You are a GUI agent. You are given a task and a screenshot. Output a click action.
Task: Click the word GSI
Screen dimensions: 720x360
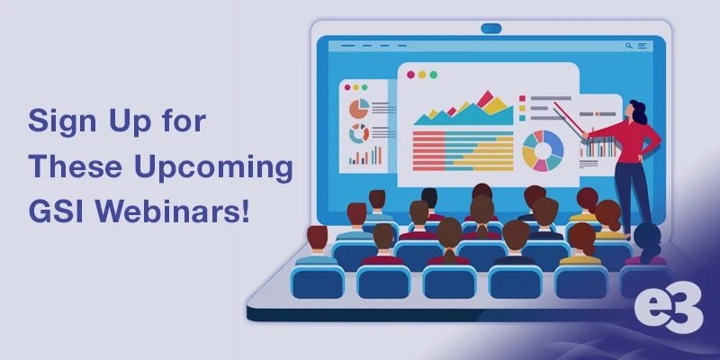pyautogui.click(x=57, y=211)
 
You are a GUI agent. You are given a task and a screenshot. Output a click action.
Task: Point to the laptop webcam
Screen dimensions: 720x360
pyautogui.click(x=490, y=29)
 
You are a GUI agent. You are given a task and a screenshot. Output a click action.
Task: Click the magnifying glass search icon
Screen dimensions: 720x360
pyautogui.click(x=628, y=46)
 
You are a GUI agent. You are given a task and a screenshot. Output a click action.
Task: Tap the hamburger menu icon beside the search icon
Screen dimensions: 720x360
pyautogui.click(x=642, y=46)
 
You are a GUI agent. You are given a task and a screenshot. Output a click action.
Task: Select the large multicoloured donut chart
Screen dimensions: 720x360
pyautogui.click(x=543, y=150)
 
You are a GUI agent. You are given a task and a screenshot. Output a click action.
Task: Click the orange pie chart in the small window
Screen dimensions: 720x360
pyautogui.click(x=359, y=108)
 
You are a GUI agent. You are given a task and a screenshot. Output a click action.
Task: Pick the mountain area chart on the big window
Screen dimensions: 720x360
pyautogui.click(x=463, y=108)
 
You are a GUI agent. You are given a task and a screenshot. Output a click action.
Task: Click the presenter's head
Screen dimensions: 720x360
pyautogui.click(x=637, y=111)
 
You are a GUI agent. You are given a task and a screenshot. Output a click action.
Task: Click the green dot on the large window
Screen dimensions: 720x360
pyautogui.click(x=434, y=75)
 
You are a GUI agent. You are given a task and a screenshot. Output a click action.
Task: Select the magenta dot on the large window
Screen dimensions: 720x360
pyautogui.click(x=410, y=75)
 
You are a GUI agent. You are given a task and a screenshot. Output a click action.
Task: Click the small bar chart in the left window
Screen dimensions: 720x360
pyautogui.click(x=365, y=155)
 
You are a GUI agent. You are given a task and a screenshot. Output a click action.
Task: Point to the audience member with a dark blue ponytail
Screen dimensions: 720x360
pyautogui.click(x=646, y=243)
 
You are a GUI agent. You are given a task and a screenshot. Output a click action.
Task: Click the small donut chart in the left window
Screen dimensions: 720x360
pyautogui.click(x=359, y=133)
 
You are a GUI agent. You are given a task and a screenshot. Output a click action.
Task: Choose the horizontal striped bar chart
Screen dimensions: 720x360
pyautogui.click(x=463, y=150)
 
